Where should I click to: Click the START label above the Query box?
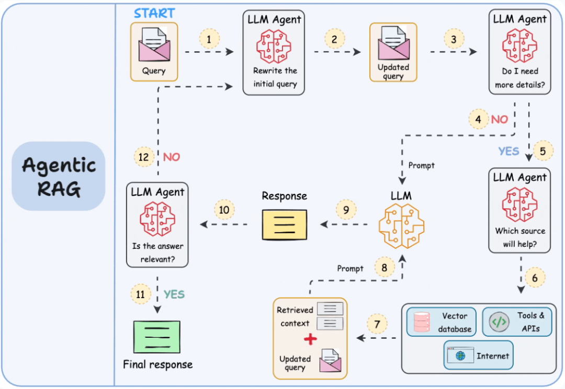click(154, 13)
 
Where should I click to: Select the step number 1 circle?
click(209, 39)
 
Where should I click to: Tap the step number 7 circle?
click(377, 324)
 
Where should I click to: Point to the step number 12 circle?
click(143, 157)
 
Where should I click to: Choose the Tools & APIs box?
click(516, 322)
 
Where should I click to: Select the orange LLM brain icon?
click(401, 225)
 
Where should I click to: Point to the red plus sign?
click(310, 339)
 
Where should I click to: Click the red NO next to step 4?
click(499, 119)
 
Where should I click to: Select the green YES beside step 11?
click(174, 294)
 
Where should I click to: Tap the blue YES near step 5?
click(508, 151)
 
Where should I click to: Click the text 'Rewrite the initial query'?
click(275, 77)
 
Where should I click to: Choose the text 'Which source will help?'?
click(519, 238)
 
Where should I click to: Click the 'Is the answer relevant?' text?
click(158, 252)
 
